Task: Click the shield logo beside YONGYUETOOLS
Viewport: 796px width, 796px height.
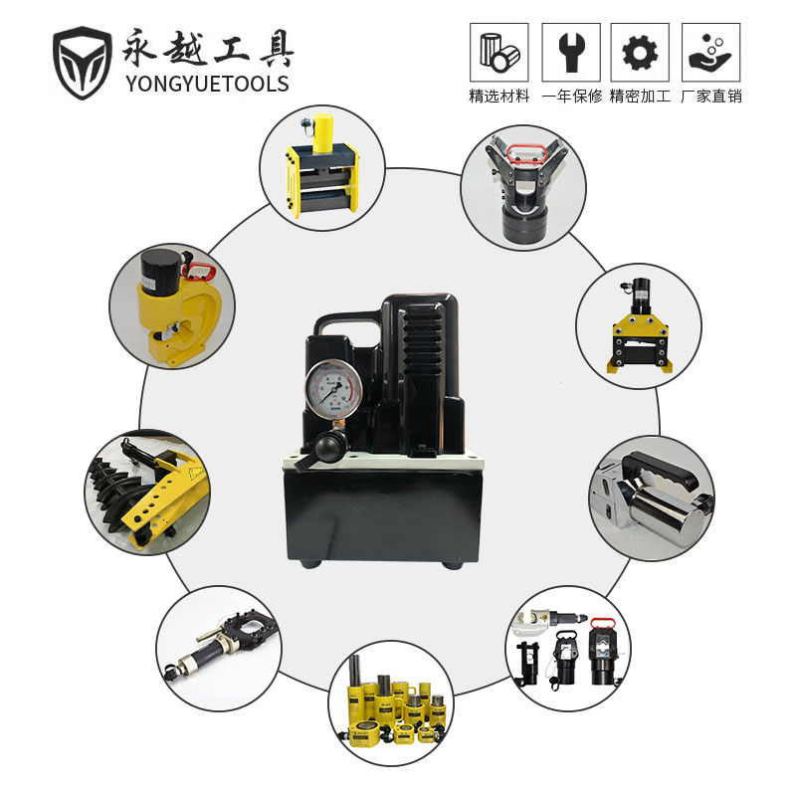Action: coord(83,61)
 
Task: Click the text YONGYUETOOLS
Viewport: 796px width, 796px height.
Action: coord(208,84)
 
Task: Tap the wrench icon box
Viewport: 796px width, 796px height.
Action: coord(570,52)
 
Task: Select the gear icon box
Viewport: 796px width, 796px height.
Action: coord(640,52)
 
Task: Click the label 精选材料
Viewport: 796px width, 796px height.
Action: coord(499,97)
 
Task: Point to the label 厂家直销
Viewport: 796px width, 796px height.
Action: coord(711,97)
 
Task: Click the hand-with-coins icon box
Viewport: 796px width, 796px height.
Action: coord(710,52)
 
